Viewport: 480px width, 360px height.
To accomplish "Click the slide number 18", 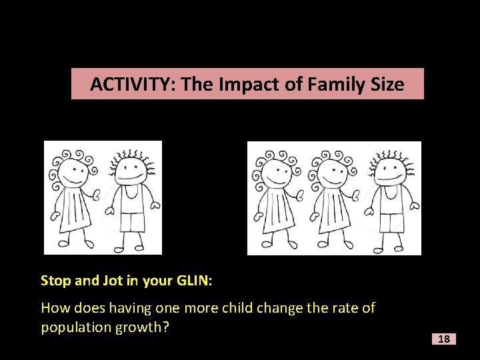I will (443, 339).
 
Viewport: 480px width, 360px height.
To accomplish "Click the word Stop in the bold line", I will (55, 281).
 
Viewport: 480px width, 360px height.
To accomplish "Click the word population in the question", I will (73, 327).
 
